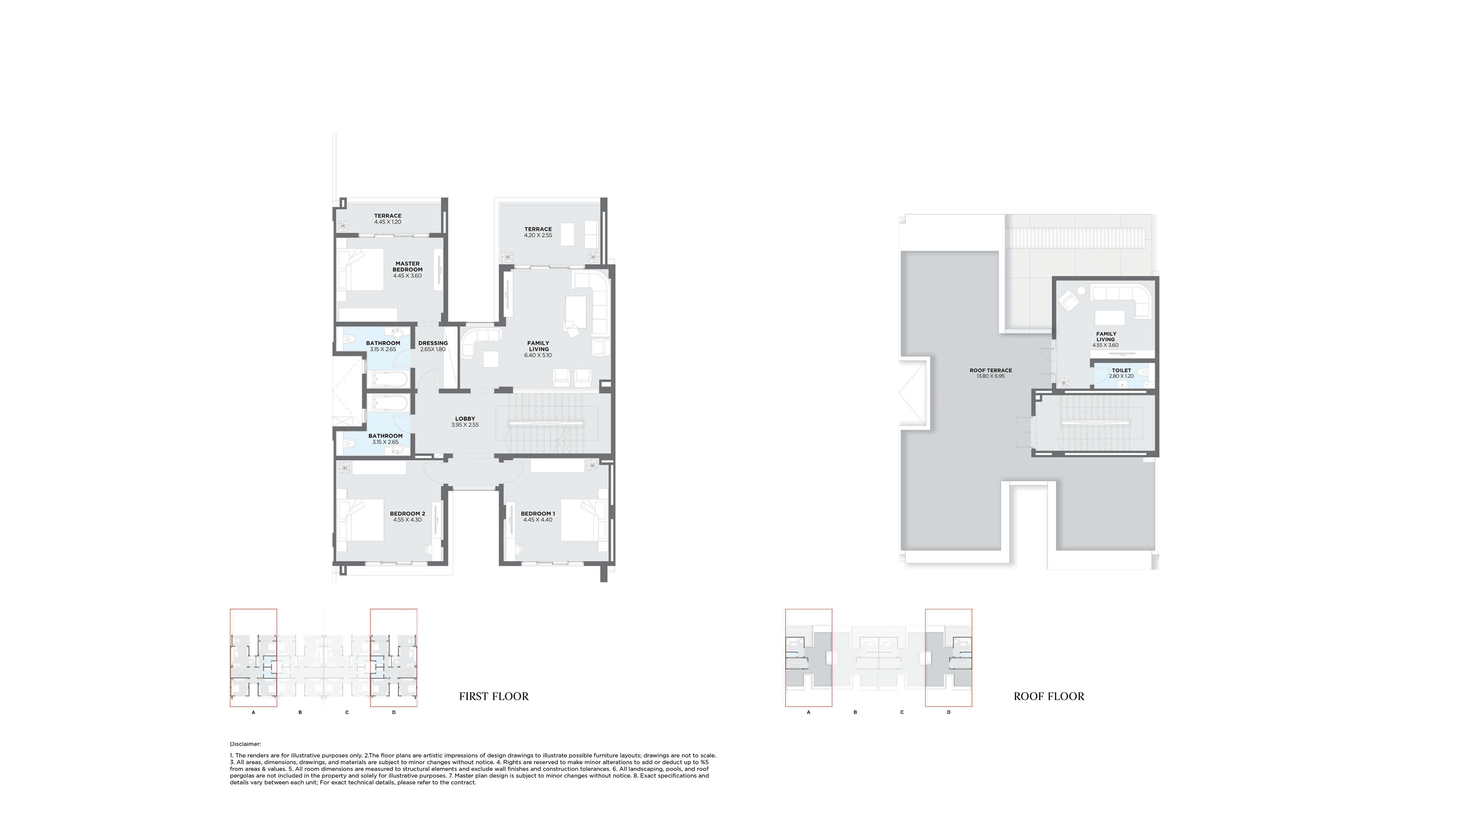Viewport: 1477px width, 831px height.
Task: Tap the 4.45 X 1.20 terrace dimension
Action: pyautogui.click(x=388, y=222)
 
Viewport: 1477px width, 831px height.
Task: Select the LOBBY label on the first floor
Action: pyautogui.click(x=465, y=419)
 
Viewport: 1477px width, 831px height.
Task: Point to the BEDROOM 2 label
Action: pyautogui.click(x=407, y=514)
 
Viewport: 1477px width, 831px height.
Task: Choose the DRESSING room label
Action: pyautogui.click(x=433, y=343)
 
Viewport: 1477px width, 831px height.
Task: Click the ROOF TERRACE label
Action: pyautogui.click(x=990, y=370)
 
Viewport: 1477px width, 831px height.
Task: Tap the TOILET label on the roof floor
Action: pyautogui.click(x=1121, y=370)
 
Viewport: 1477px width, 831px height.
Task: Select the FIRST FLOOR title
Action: pyautogui.click(x=494, y=696)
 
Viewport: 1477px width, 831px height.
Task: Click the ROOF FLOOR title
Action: pyautogui.click(x=1049, y=696)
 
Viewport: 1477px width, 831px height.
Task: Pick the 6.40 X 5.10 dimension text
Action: pyautogui.click(x=538, y=355)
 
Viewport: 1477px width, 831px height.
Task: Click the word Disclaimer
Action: pyautogui.click(x=245, y=744)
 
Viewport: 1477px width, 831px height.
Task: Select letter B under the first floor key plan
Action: pyautogui.click(x=300, y=713)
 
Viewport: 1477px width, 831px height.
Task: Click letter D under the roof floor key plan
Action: pyautogui.click(x=948, y=713)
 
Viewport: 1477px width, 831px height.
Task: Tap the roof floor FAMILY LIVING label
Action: pyautogui.click(x=1106, y=337)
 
